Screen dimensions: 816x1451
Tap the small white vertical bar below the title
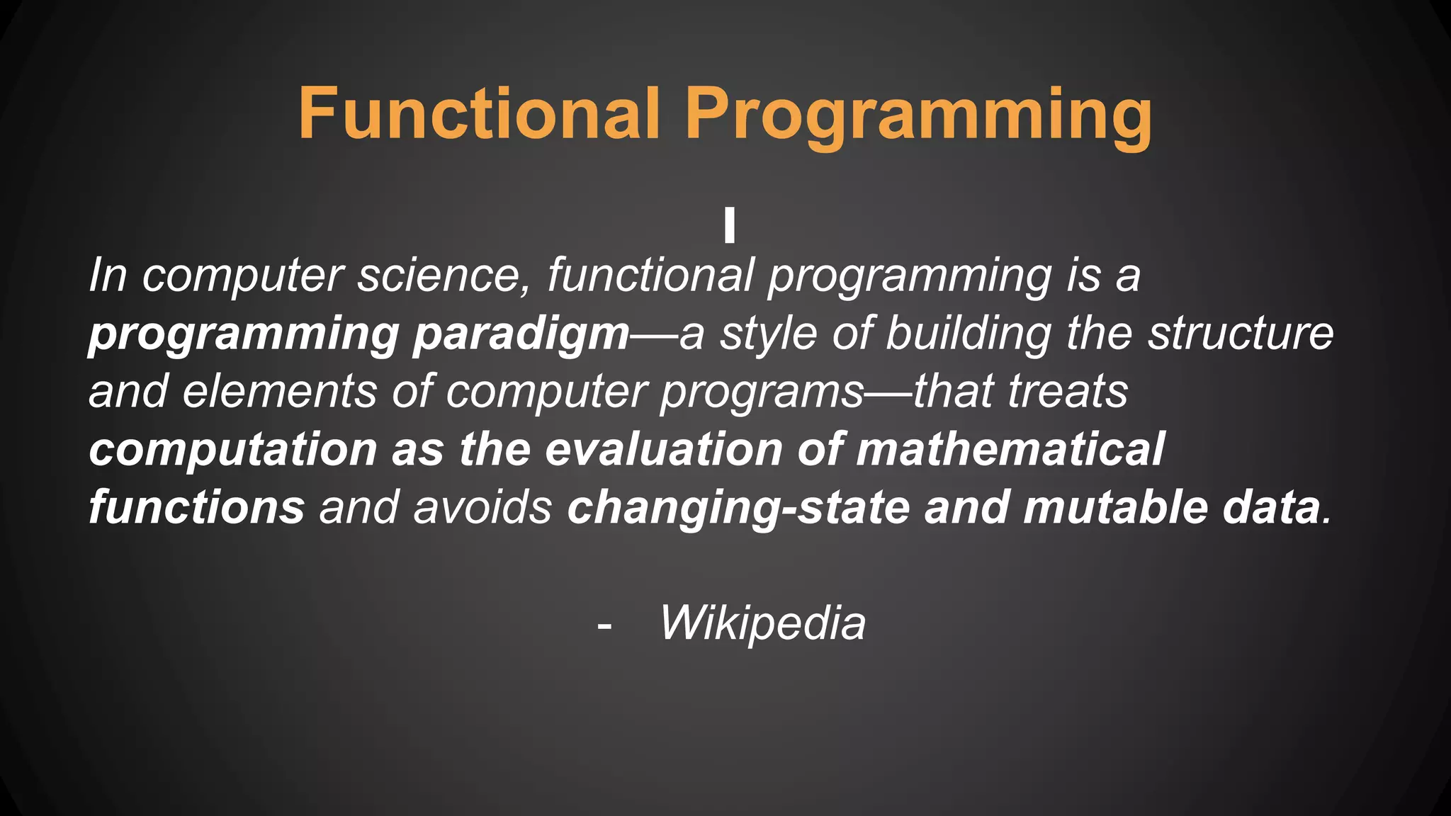[730, 225]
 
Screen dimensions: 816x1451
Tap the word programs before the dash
[762, 392]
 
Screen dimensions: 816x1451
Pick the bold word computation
[233, 450]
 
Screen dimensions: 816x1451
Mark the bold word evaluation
[663, 449]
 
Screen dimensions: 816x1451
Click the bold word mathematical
[1010, 449]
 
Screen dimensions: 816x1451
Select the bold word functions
[197, 507]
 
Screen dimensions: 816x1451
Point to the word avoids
[482, 507]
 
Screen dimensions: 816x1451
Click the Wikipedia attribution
[762, 623]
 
